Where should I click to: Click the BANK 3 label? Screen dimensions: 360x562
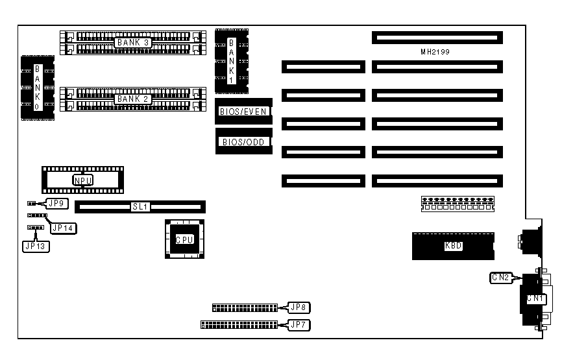(x=132, y=42)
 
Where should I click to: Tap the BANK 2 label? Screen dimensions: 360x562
(x=132, y=99)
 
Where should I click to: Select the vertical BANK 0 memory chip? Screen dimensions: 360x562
(x=37, y=88)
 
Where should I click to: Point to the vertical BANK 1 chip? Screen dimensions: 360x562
(x=232, y=62)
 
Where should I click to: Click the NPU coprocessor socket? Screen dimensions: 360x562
(x=82, y=180)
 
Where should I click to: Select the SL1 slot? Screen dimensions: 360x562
(x=140, y=206)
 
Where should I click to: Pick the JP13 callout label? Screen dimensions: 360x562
(x=36, y=246)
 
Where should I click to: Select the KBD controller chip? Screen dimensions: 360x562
(x=452, y=246)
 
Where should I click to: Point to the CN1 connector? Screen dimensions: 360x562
(x=533, y=298)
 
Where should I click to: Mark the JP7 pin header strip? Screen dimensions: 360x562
(x=238, y=324)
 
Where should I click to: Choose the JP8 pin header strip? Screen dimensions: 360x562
(x=244, y=307)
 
